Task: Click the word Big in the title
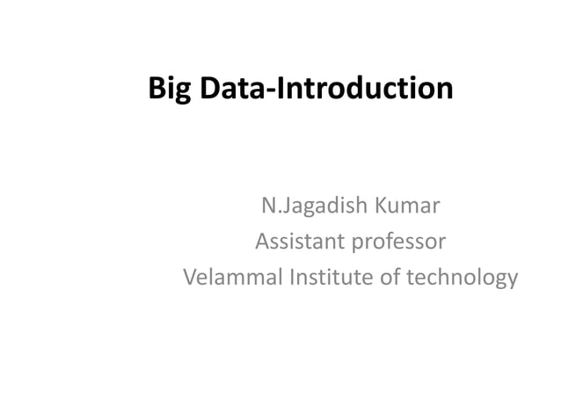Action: tap(169, 90)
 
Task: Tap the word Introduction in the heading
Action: tap(364, 89)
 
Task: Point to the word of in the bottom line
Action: tap(394, 278)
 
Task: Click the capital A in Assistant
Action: tap(262, 242)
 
